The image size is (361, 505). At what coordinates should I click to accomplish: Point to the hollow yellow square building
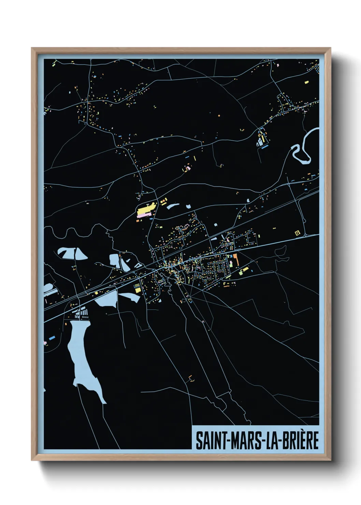[x=298, y=233]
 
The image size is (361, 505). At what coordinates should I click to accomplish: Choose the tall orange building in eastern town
[x=235, y=259]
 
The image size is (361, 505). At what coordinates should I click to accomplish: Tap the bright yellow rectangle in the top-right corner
[x=306, y=82]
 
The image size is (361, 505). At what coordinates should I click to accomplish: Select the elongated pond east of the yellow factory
[x=173, y=206]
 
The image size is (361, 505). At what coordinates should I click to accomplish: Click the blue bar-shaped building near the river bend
[x=264, y=147]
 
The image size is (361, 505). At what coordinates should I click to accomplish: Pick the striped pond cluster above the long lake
[x=82, y=312]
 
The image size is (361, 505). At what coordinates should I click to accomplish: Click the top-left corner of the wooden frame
[x=32, y=48]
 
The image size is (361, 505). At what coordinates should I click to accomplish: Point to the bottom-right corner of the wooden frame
[x=331, y=460]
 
